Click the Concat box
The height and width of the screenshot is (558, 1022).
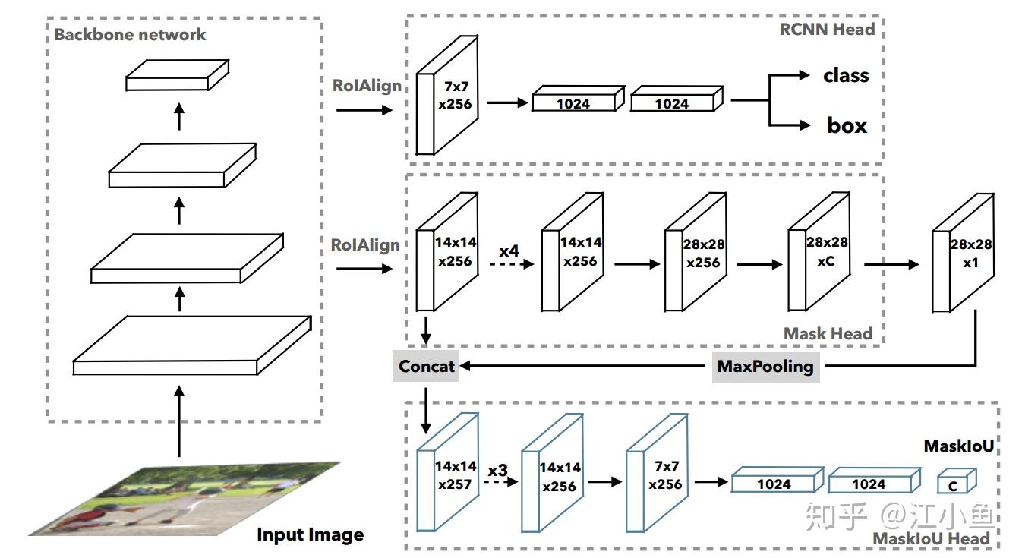(x=426, y=366)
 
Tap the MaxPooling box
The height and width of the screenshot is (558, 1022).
(x=765, y=367)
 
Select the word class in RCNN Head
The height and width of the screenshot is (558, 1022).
(x=846, y=76)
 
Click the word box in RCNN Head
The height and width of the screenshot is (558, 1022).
(x=847, y=125)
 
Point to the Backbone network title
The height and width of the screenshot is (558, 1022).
(x=130, y=35)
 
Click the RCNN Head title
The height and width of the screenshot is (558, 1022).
(x=827, y=29)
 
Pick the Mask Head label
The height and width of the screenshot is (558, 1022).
(x=828, y=333)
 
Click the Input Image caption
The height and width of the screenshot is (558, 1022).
(x=311, y=534)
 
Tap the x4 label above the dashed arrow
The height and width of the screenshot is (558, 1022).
(x=509, y=251)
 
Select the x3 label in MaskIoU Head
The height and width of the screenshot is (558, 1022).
(x=498, y=471)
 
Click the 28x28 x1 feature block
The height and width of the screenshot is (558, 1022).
(x=963, y=254)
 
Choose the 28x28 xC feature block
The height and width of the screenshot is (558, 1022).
(x=819, y=252)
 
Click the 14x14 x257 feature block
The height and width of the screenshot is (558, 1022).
(x=447, y=473)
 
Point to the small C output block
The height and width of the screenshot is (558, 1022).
(x=957, y=481)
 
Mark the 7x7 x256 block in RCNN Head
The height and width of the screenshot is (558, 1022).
(x=447, y=95)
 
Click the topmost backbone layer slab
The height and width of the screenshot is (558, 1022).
(x=178, y=75)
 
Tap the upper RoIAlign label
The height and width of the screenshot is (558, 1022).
(x=367, y=86)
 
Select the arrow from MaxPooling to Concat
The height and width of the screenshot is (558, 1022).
(x=582, y=366)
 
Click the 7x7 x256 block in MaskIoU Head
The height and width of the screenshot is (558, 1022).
(x=657, y=473)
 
